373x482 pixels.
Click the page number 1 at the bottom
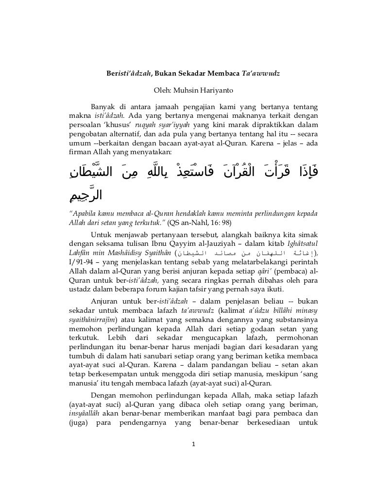click(193, 445)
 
